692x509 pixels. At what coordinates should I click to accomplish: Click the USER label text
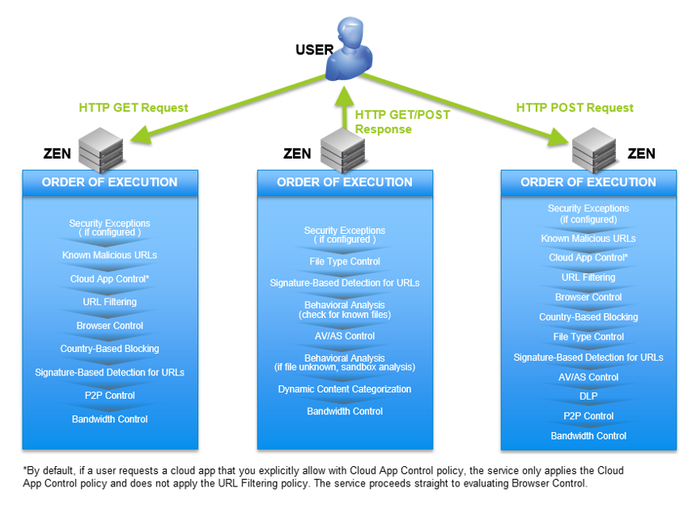point(315,50)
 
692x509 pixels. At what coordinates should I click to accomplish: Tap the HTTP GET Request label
point(134,108)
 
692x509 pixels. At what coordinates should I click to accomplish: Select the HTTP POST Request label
point(575,108)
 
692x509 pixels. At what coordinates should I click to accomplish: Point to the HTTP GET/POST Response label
point(402,122)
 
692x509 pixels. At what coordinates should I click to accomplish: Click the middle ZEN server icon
point(342,150)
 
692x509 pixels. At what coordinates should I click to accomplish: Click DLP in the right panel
point(588,397)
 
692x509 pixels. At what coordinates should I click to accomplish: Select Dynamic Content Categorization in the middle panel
point(345,389)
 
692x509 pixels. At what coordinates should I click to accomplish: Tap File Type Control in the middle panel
point(345,262)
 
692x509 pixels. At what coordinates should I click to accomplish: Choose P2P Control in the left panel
point(110,396)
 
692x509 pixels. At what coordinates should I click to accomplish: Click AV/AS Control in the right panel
point(588,377)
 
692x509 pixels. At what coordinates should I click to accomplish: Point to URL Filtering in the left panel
point(110,302)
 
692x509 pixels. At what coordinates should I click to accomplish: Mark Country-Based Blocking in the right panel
point(588,317)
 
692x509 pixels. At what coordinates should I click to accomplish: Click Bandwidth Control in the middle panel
point(345,411)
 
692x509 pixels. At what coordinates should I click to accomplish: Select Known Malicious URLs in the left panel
point(110,255)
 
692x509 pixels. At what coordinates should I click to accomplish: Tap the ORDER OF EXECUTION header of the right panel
point(588,182)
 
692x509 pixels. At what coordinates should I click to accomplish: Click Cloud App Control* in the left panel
point(110,278)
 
